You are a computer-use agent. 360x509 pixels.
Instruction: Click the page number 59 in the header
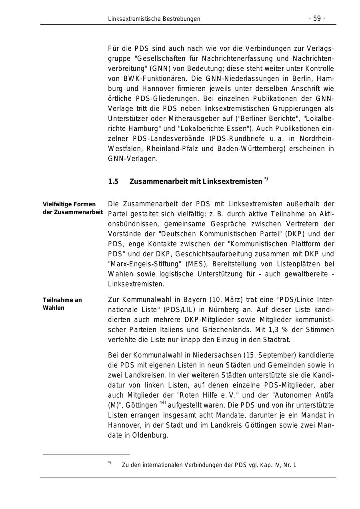pos(317,19)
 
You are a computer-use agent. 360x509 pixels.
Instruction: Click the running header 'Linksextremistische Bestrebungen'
pos(154,19)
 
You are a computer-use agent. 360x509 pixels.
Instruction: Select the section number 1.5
pos(113,182)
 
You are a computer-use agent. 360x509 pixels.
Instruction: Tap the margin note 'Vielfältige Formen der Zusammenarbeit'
pos(72,208)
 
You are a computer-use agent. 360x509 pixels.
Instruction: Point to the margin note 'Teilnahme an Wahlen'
pos(62,304)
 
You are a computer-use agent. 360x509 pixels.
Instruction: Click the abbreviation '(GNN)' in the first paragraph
pos(160,68)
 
